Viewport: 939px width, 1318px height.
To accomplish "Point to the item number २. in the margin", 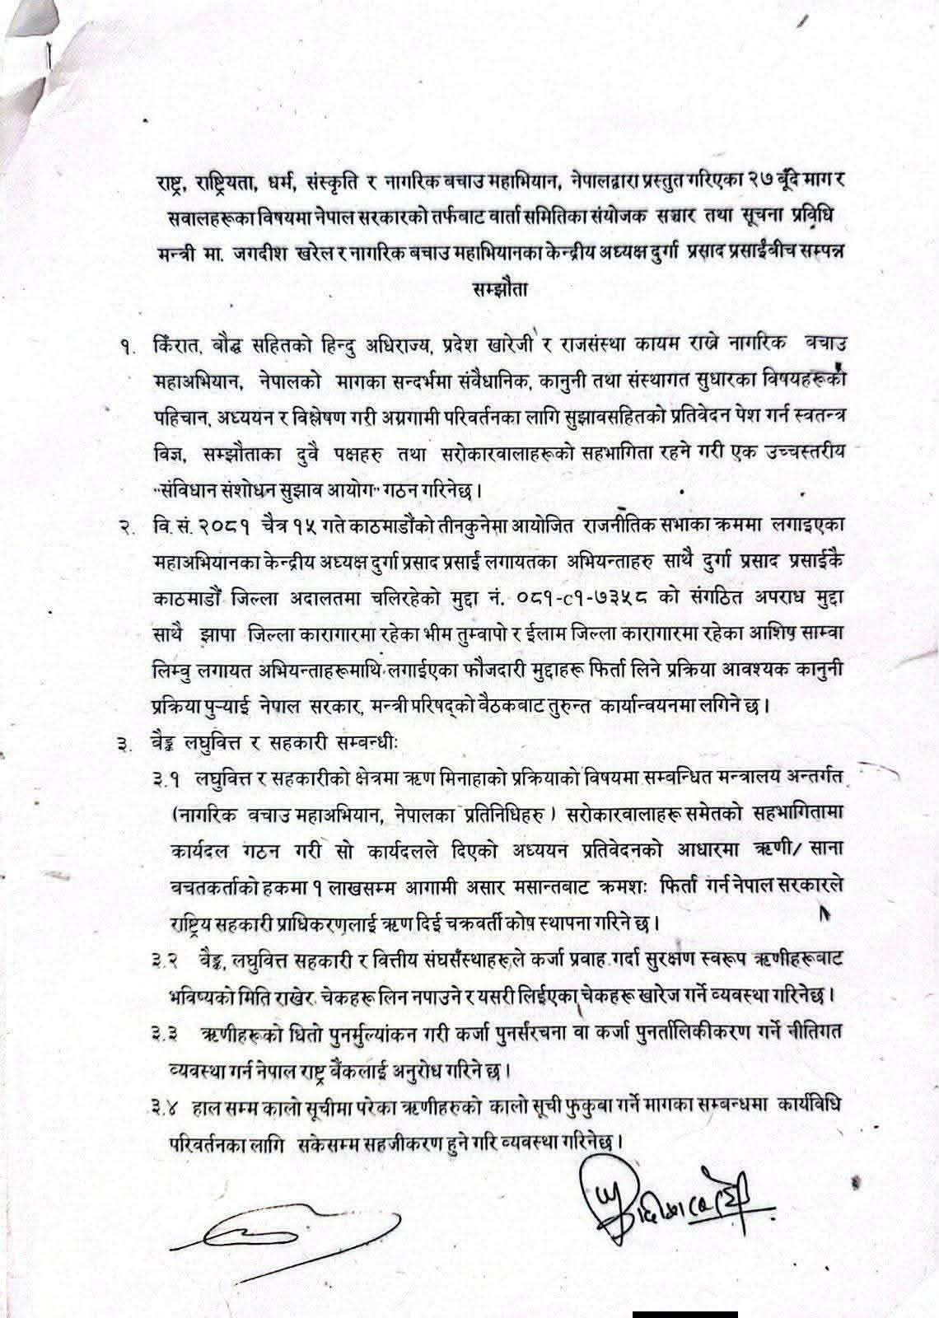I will [x=126, y=528].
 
